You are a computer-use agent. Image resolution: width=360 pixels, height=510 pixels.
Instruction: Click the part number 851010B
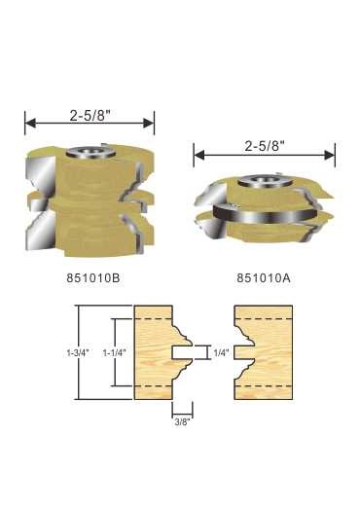[93, 278]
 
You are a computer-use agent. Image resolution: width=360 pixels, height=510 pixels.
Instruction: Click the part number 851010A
[264, 278]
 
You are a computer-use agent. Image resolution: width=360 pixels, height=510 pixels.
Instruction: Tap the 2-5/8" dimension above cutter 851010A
[265, 147]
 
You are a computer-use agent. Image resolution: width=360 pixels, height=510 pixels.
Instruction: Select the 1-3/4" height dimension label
[78, 352]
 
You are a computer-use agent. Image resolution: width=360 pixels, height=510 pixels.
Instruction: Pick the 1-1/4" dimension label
[114, 352]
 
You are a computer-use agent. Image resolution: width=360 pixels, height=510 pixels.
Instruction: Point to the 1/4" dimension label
[222, 352]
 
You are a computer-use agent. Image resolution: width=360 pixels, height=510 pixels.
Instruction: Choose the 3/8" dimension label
[182, 422]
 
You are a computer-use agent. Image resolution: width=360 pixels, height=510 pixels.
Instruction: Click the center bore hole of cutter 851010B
[90, 151]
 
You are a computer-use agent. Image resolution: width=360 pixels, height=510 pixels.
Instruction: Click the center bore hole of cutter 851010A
[263, 180]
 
